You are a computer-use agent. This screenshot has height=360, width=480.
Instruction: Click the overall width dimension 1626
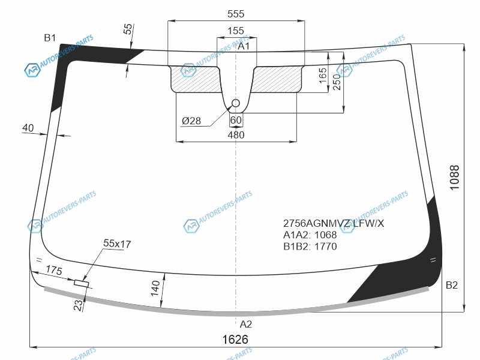(x=235, y=340)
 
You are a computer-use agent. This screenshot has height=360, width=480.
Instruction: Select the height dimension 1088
(x=455, y=178)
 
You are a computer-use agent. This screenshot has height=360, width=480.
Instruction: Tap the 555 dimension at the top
(x=236, y=14)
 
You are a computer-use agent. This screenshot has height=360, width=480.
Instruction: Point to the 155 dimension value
(x=236, y=31)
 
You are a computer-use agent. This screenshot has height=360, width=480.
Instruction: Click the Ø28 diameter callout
(x=191, y=121)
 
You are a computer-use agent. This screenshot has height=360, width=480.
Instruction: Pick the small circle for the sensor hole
(x=236, y=103)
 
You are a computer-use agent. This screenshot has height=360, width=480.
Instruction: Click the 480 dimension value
(x=236, y=134)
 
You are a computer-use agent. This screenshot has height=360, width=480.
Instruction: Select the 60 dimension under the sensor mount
(x=236, y=120)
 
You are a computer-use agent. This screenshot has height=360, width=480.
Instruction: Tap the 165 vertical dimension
(x=323, y=76)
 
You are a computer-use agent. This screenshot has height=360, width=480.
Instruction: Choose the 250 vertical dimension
(x=337, y=82)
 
